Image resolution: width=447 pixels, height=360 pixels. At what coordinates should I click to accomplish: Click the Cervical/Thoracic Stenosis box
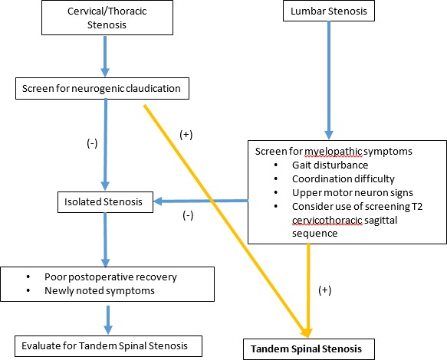[x=107, y=18]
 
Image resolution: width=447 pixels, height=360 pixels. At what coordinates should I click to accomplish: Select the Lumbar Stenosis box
[x=329, y=11]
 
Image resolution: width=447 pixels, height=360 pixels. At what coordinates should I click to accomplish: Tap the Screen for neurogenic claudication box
[x=102, y=88]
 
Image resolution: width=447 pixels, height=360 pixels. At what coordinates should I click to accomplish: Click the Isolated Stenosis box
[x=105, y=202]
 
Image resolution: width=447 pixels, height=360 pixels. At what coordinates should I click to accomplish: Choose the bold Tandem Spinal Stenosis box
[x=309, y=349]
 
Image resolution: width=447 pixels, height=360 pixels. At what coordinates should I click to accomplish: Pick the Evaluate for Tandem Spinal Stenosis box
[x=108, y=346]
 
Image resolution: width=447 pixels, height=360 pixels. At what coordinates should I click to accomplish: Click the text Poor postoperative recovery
[x=110, y=277]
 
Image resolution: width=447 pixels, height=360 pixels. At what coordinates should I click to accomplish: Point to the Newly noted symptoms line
[x=100, y=291]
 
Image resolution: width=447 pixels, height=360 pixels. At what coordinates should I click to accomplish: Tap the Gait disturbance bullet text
[x=330, y=165]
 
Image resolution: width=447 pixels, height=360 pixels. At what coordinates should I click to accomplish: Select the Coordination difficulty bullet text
[x=343, y=179]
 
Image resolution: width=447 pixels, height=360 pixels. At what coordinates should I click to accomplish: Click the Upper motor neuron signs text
[x=353, y=192]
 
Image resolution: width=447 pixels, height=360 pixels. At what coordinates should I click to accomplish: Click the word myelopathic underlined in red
[x=334, y=152]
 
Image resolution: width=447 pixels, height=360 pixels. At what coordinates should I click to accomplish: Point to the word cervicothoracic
[x=327, y=220]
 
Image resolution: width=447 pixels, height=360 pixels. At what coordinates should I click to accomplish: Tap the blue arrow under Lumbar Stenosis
[x=329, y=80]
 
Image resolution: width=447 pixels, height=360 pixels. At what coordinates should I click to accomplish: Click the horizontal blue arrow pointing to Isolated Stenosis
[x=201, y=201]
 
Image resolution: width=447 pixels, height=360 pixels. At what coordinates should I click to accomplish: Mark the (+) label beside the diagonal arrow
[x=186, y=135]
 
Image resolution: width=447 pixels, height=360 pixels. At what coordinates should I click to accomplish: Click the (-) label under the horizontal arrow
[x=188, y=215]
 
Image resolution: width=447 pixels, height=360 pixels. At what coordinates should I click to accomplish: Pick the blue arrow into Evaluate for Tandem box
[x=108, y=320]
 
